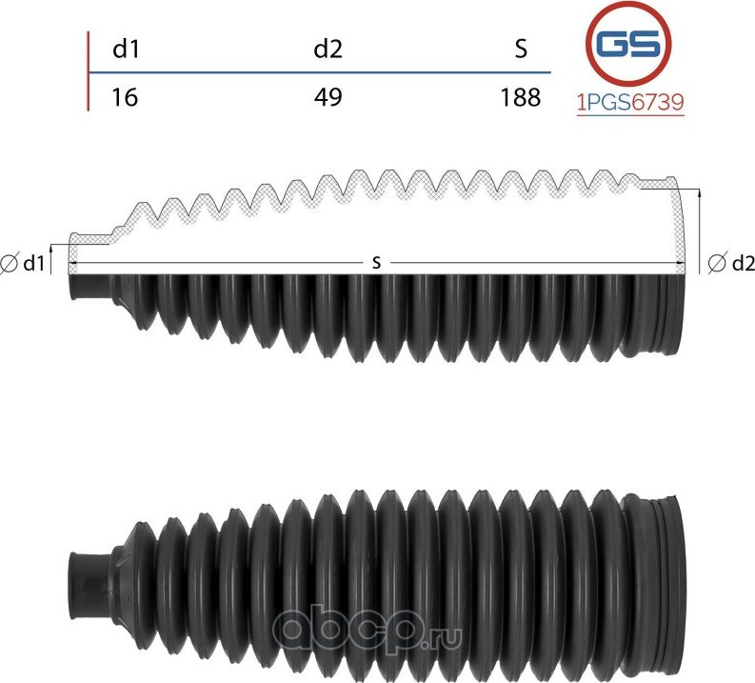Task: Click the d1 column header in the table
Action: click(126, 50)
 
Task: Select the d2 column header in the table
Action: click(328, 50)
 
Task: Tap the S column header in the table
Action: click(520, 50)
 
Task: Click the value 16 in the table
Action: click(125, 97)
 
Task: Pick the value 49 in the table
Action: click(328, 97)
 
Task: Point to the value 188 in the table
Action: click(520, 97)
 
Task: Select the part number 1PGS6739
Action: click(631, 103)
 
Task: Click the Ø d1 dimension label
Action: click(25, 263)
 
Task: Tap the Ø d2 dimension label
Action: click(731, 263)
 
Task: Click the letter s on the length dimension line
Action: click(377, 262)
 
